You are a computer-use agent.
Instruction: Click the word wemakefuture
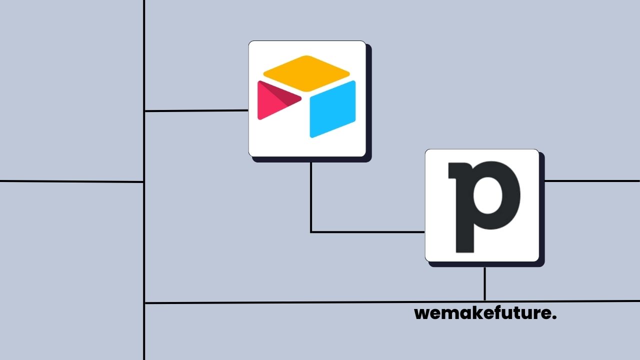pyautogui.click(x=485, y=314)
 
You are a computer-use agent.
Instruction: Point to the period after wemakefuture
pyautogui.click(x=554, y=318)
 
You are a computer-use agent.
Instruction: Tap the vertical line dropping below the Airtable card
pyautogui.click(x=311, y=195)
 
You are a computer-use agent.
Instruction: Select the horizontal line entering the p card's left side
pyautogui.click(x=367, y=232)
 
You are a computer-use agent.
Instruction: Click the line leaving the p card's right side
pyautogui.click(x=592, y=181)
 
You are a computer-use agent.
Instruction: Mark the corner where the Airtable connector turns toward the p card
pyautogui.click(x=311, y=232)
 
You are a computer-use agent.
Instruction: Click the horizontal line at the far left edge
pyautogui.click(x=70, y=181)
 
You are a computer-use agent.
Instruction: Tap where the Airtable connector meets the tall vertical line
pyautogui.click(x=144, y=111)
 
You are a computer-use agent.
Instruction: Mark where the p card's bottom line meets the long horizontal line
pyautogui.click(x=484, y=301)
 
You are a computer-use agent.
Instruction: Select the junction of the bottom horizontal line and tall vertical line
pyautogui.click(x=144, y=302)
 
